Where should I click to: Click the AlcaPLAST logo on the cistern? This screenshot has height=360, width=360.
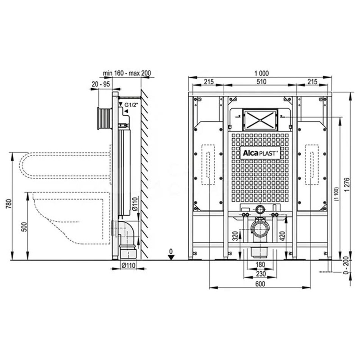point(260,153)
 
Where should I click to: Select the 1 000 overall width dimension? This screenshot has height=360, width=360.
point(261,73)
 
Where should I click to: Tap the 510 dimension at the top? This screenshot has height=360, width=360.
point(261,81)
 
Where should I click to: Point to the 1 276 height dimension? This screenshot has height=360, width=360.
point(347,185)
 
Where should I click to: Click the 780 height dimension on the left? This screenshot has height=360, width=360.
point(9,204)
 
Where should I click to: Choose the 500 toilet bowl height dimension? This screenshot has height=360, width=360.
point(24,227)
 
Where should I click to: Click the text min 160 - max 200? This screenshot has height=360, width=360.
point(127,73)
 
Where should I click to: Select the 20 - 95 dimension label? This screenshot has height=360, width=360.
point(101,84)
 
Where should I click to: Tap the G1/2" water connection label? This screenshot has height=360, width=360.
point(131,105)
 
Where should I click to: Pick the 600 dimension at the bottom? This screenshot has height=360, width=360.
point(260,284)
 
